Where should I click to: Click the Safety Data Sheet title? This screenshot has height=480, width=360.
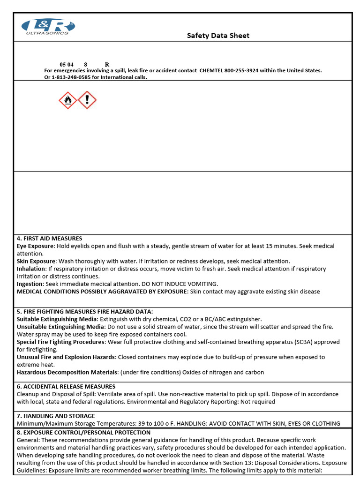click(x=218, y=36)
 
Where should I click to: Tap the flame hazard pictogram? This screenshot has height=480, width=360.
click(x=68, y=100)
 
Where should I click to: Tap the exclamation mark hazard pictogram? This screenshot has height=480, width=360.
click(x=87, y=100)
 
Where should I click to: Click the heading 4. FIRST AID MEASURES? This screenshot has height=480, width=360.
click(x=50, y=239)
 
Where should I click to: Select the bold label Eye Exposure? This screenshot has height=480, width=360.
click(x=36, y=246)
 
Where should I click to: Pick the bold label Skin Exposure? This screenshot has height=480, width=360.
click(x=36, y=261)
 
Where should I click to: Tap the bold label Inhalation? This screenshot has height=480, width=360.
click(x=31, y=269)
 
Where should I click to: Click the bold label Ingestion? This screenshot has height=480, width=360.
click(x=30, y=284)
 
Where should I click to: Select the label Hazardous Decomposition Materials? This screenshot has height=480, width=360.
click(x=67, y=372)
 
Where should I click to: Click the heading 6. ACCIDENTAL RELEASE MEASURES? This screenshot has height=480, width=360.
click(x=66, y=387)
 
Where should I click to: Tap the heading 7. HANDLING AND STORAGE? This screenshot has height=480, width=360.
click(x=56, y=416)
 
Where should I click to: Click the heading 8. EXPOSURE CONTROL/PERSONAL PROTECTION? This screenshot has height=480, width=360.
click(x=83, y=432)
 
